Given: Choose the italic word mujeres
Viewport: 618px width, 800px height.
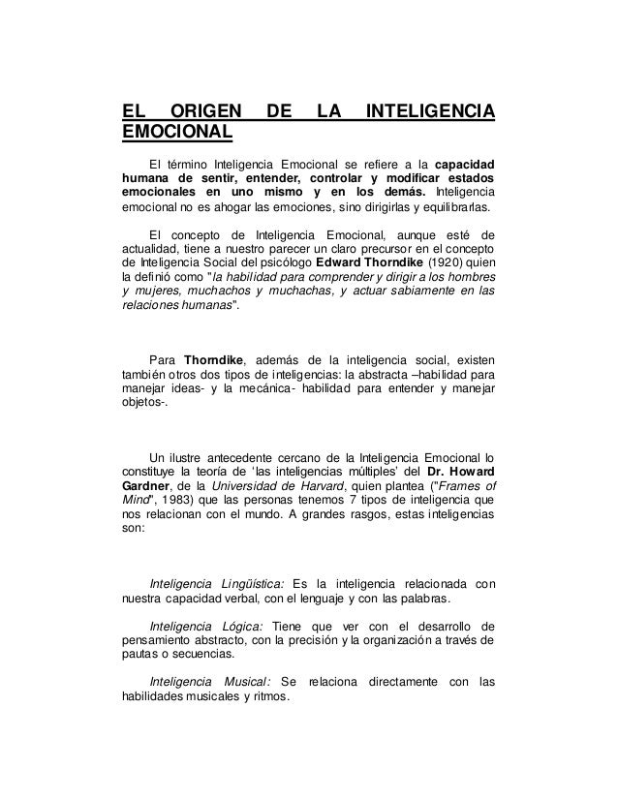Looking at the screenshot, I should tap(155, 289).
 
